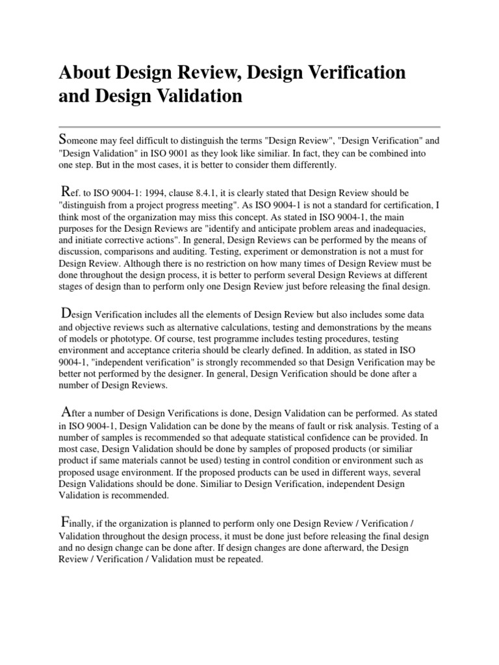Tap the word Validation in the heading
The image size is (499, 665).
[x=196, y=97]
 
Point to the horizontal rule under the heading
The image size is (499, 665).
[x=249, y=127]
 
